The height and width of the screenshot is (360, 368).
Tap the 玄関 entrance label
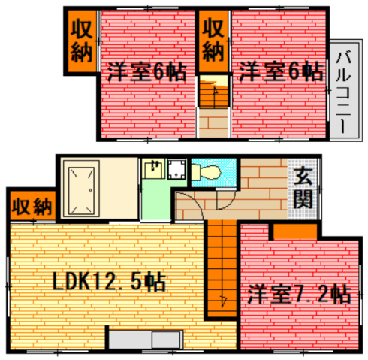303,189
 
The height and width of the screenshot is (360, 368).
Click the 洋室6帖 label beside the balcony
281,73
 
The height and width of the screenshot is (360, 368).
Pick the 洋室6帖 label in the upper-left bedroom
146,73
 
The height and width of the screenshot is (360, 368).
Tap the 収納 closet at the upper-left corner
80,41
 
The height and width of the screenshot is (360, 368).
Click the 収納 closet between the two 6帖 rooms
213,42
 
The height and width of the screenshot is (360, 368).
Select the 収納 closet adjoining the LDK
32,205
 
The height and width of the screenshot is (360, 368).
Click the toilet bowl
207,173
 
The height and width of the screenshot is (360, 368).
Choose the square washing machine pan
177,171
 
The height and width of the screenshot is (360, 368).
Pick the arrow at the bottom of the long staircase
224,302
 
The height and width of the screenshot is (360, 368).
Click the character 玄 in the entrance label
303,178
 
